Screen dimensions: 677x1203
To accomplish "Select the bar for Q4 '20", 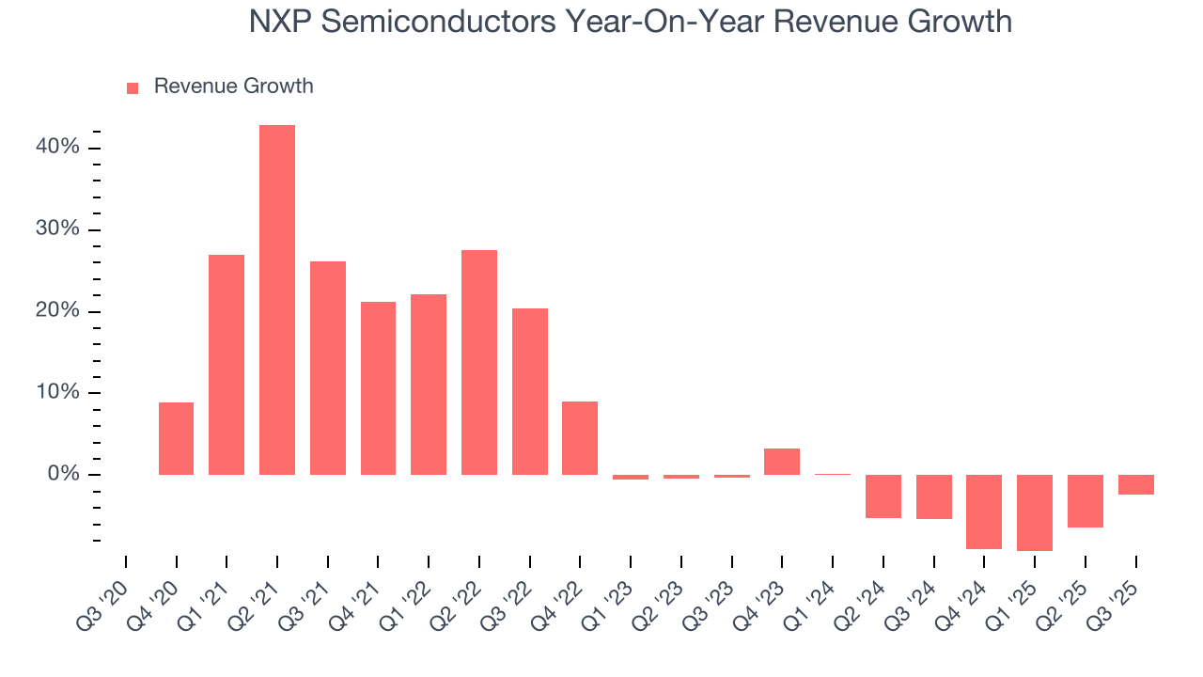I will pyautogui.click(x=176, y=438).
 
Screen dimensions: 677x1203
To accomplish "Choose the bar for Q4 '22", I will pyautogui.click(x=580, y=438).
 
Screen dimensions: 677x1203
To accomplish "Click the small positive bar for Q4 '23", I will pyautogui.click(x=782, y=462).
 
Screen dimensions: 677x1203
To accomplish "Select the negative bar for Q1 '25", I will pyautogui.click(x=1035, y=512).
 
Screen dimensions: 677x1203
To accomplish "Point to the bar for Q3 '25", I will pyautogui.click(x=1135, y=484).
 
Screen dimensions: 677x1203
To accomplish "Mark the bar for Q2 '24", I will pyautogui.click(x=883, y=496).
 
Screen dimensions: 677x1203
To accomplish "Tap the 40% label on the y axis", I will pyautogui.click(x=58, y=148).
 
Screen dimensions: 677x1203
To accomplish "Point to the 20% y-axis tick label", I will pyautogui.click(x=58, y=311).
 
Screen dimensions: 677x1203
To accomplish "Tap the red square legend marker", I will pyautogui.click(x=133, y=87).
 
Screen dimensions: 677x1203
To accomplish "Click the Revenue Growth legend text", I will pyautogui.click(x=233, y=87).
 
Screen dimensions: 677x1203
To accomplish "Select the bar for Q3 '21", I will pyautogui.click(x=328, y=368).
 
